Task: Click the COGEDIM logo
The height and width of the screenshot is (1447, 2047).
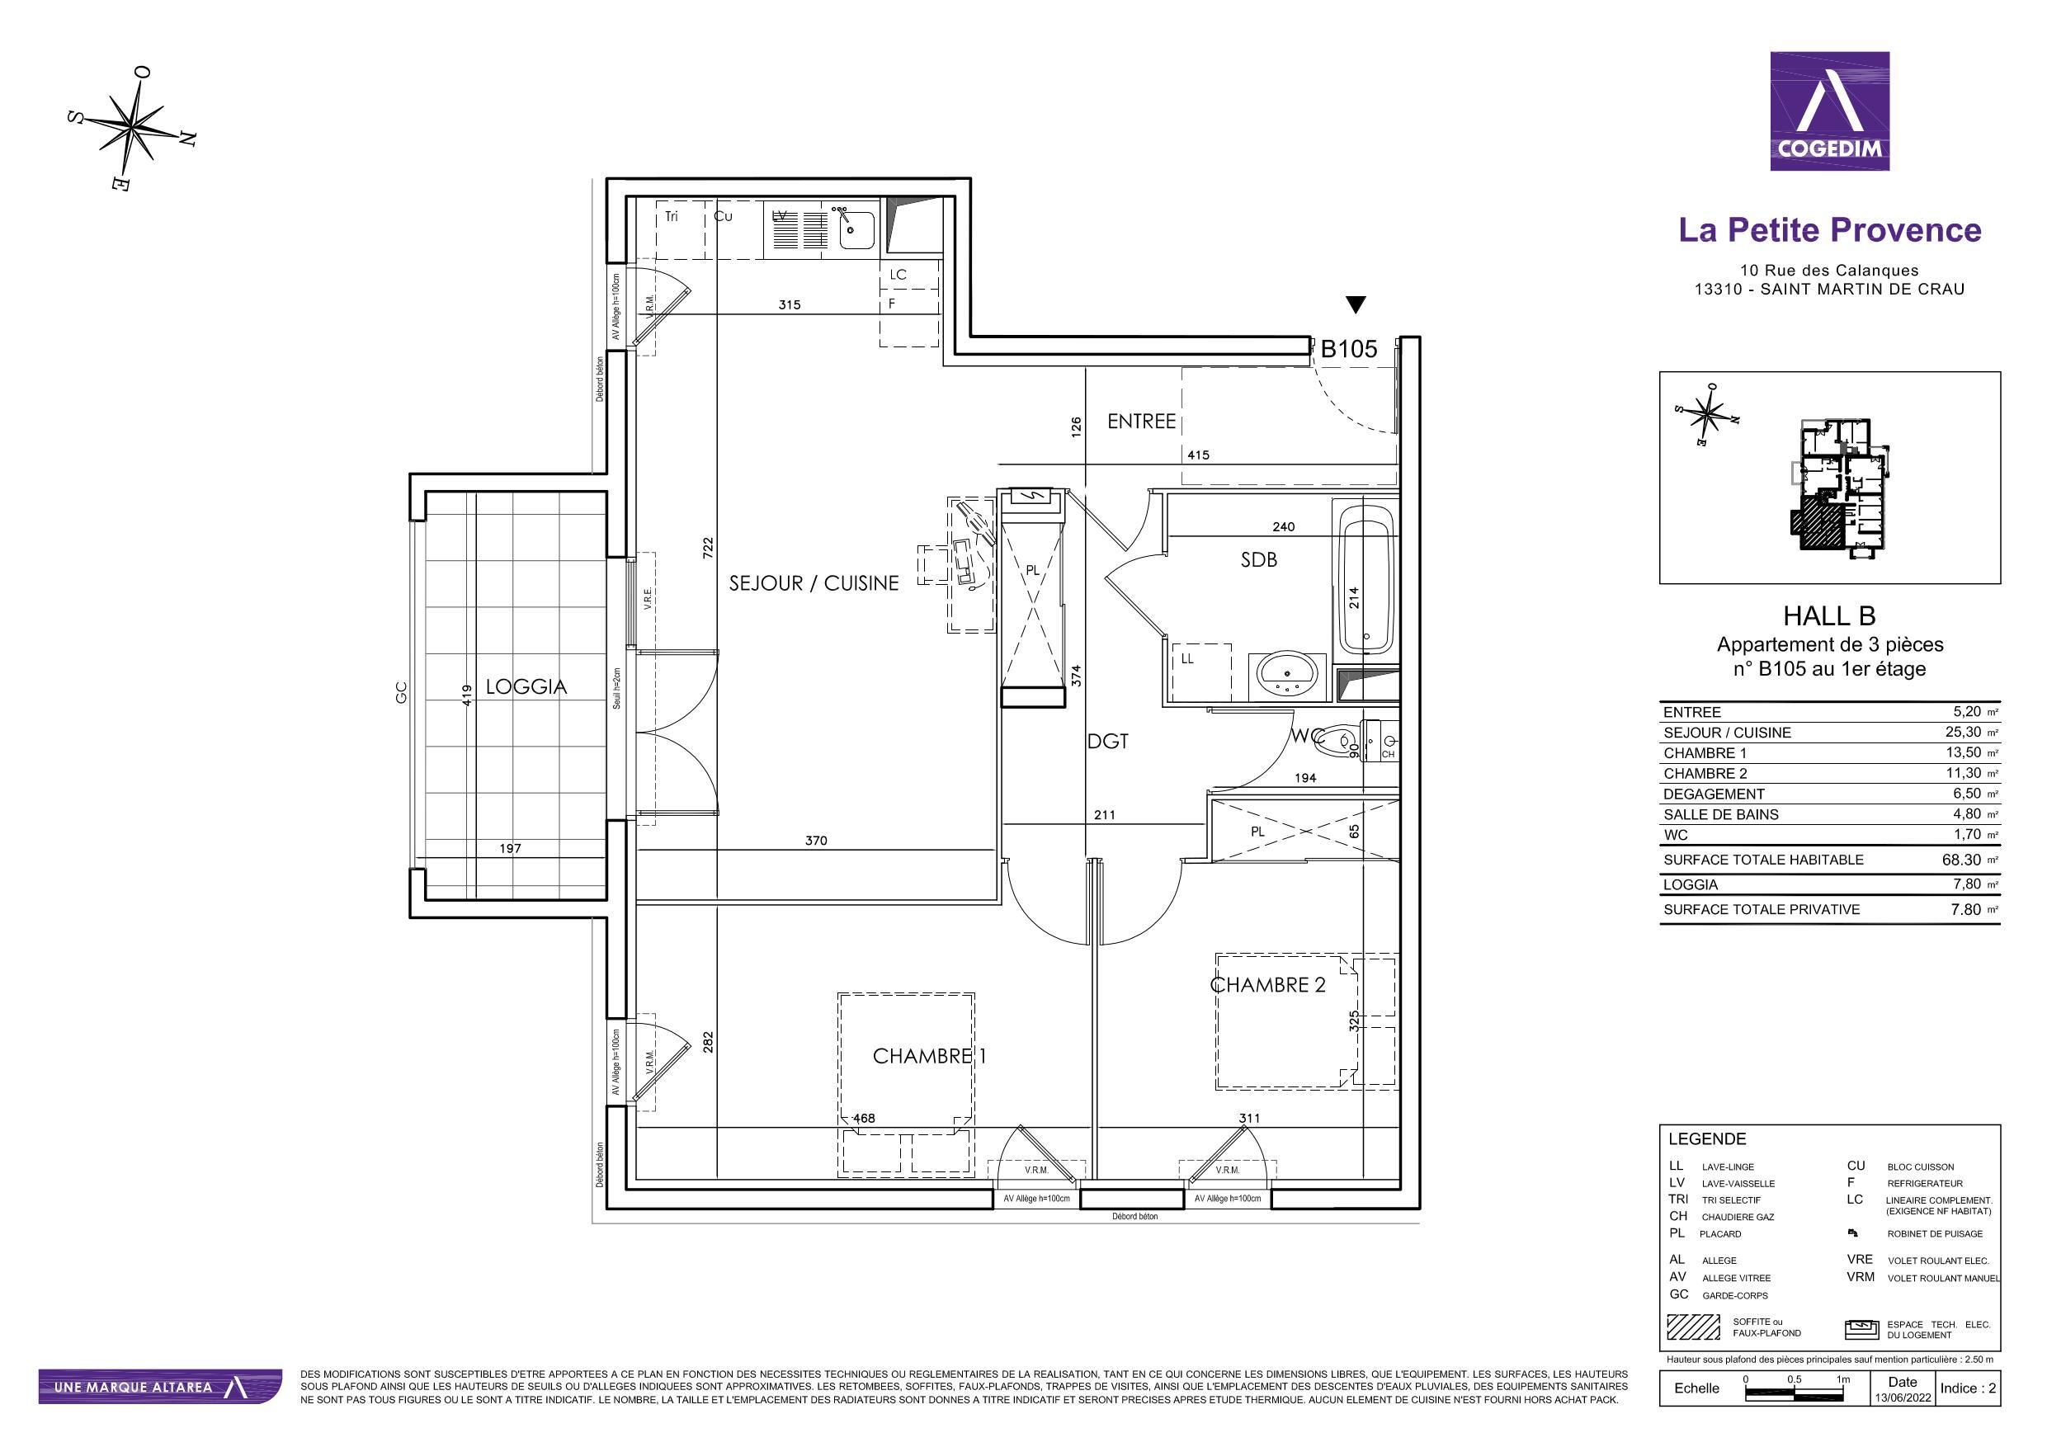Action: click(x=1829, y=111)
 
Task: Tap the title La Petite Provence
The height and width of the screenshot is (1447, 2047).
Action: click(x=1829, y=230)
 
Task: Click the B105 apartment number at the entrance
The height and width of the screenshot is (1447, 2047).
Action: click(x=1348, y=350)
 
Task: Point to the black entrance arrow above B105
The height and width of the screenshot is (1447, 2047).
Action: click(x=1355, y=305)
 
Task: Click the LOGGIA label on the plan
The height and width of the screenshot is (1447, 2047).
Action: click(x=526, y=686)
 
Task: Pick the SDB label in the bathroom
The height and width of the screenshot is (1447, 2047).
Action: click(x=1259, y=560)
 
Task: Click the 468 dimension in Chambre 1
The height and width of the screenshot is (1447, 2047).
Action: click(x=864, y=1118)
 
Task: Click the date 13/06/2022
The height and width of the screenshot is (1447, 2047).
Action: click(x=1903, y=1398)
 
